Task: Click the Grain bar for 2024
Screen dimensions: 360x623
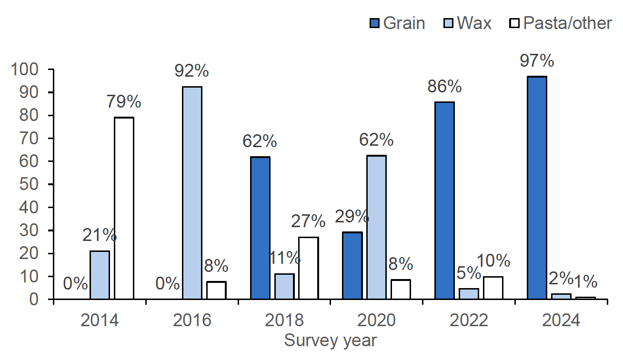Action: [x=537, y=188]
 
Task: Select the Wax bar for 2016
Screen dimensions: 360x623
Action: [x=192, y=193]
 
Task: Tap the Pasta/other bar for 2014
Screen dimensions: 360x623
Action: [x=124, y=208]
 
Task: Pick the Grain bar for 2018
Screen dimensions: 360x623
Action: [x=260, y=228]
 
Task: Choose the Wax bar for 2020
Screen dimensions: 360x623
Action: [x=376, y=227]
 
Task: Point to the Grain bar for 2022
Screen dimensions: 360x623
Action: [x=444, y=200]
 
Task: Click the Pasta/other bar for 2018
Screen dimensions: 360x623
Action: [x=309, y=268]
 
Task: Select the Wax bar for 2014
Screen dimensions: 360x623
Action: [x=100, y=275]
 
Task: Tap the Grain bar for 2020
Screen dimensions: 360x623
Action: [x=352, y=266]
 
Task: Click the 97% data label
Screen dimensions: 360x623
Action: [x=536, y=61]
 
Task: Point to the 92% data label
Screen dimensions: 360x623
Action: [x=192, y=71]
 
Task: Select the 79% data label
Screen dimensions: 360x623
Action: [x=124, y=101]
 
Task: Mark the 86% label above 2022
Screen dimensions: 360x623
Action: [x=444, y=87]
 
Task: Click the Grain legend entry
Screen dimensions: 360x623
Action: [x=397, y=23]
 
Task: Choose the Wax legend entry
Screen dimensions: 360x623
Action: [x=468, y=23]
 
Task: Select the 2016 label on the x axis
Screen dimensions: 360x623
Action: [x=192, y=320]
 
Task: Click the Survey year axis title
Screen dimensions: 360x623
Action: [x=330, y=341]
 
